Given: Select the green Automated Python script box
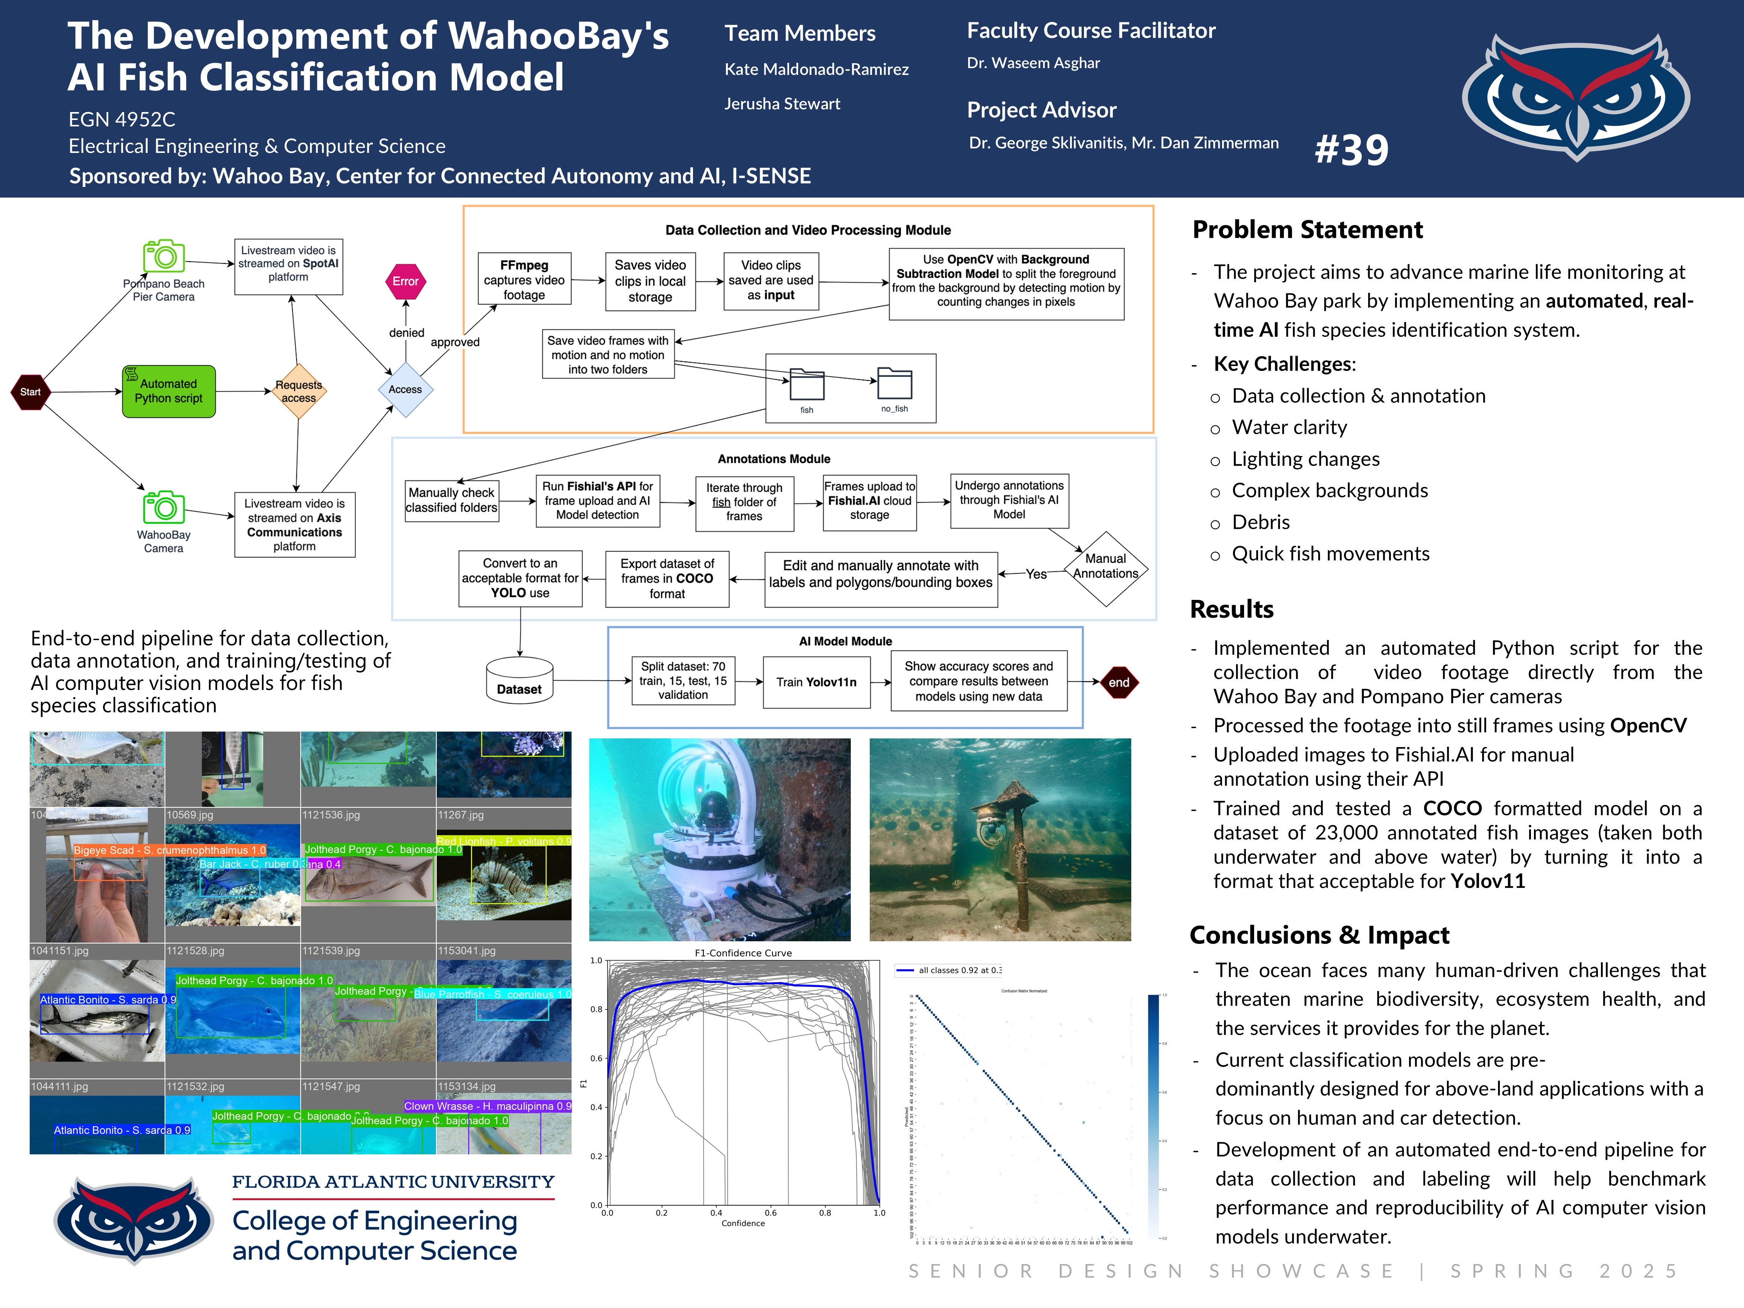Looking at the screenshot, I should click(x=169, y=391).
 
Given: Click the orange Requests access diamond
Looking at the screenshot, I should click(x=299, y=391).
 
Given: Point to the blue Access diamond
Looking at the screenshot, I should click(x=405, y=389).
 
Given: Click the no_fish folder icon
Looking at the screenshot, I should click(x=895, y=384).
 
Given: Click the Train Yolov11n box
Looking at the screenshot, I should click(x=816, y=682).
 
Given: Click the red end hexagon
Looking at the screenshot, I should click(x=1119, y=683).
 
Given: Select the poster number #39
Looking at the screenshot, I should click(x=1352, y=150).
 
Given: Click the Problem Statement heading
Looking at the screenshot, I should click(x=1307, y=229).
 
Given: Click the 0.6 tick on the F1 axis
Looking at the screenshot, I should click(x=597, y=1058).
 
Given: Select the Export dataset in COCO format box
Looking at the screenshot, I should click(x=667, y=579).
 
